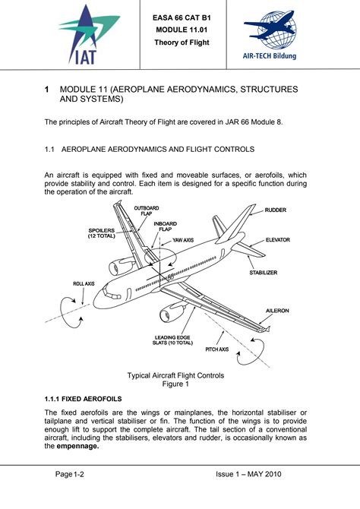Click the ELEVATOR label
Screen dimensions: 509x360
pos(277,240)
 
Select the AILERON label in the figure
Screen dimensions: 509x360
pos(276,311)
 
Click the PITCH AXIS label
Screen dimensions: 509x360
pos(217,350)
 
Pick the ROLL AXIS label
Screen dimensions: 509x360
pos(84,283)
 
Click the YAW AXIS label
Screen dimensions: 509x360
pos(182,240)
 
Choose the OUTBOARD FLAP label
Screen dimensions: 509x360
pos(147,210)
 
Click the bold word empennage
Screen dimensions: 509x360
pos(77,447)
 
